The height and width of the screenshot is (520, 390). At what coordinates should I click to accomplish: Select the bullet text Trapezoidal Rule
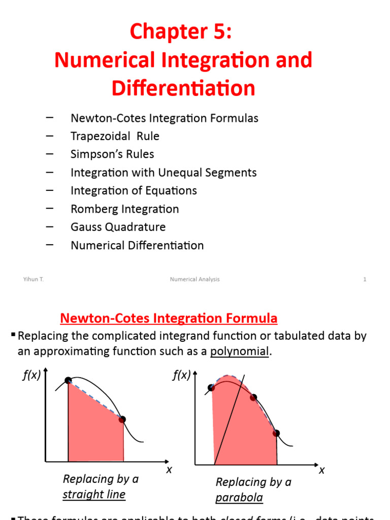tap(115, 136)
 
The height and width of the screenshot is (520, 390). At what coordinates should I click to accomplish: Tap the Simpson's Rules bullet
tap(112, 154)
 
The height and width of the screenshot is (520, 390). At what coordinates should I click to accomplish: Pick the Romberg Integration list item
tap(124, 209)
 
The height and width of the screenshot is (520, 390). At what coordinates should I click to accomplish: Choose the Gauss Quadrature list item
tap(118, 227)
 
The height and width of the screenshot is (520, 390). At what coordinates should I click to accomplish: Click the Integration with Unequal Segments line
tap(164, 173)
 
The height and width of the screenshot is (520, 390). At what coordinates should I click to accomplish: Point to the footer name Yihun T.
tap(34, 279)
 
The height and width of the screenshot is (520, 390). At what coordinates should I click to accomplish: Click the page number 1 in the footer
tap(365, 279)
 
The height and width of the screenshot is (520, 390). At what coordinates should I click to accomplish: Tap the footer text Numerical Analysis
tap(194, 279)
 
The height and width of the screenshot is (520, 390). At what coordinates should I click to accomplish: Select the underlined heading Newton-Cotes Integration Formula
tap(169, 319)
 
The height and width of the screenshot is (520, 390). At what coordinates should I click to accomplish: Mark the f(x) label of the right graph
tap(181, 376)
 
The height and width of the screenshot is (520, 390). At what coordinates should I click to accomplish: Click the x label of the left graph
tap(169, 470)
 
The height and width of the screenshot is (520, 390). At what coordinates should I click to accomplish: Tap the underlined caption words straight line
tap(94, 494)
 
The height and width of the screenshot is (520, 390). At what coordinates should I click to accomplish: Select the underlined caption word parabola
tap(239, 497)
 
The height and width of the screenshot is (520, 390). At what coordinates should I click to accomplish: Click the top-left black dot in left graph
tap(68, 380)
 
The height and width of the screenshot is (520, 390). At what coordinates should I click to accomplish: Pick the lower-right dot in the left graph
tap(122, 419)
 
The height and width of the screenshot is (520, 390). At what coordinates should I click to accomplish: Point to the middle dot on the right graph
tap(254, 397)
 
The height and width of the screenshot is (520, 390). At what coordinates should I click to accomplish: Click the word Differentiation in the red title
tap(183, 88)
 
